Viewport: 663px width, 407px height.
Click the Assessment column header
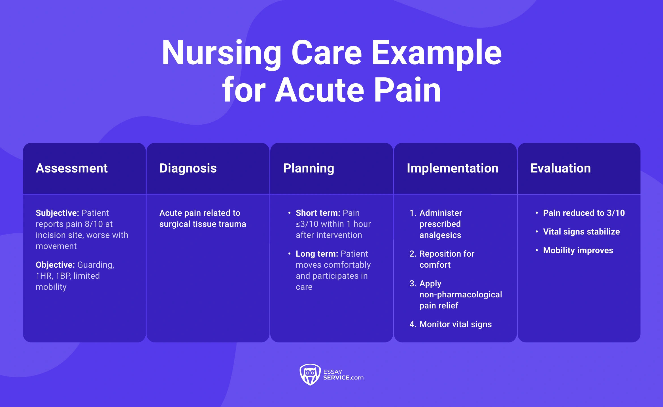tap(72, 168)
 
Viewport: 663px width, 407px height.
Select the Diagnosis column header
tap(188, 168)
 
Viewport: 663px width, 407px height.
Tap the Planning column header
tap(309, 168)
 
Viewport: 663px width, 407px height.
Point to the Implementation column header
tap(452, 168)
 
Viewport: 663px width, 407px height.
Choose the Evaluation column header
tap(560, 168)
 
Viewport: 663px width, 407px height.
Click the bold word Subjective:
tap(57, 213)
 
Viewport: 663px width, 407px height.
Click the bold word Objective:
tap(55, 265)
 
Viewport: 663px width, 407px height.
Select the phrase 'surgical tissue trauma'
tap(203, 224)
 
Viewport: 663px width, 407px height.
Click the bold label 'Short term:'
tap(318, 213)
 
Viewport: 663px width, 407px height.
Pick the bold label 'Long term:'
tap(317, 254)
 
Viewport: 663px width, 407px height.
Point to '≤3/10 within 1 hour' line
tap(333, 224)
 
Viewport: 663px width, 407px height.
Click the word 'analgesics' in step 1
tap(440, 235)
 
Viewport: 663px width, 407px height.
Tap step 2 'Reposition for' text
tap(447, 254)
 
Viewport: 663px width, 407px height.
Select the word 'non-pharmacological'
tap(460, 295)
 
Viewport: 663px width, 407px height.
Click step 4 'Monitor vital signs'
tap(455, 324)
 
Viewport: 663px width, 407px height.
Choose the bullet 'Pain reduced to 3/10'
tap(584, 213)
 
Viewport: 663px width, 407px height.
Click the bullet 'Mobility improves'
tap(578, 250)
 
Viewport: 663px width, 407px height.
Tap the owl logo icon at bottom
tap(310, 374)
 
